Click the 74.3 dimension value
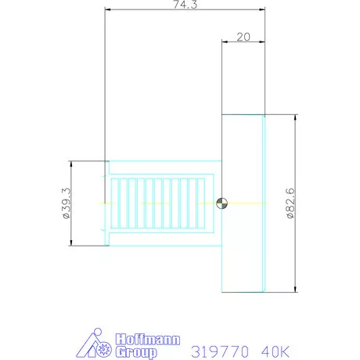coord(185,5)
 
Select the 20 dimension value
coord(243,37)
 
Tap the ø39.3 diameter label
coord(66,203)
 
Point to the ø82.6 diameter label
coord(290,203)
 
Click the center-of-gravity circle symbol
coord(221,203)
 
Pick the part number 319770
coord(220,351)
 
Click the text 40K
coord(275,351)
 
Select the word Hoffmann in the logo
coord(148,340)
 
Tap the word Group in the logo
coord(136,352)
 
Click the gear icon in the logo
coord(104,349)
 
